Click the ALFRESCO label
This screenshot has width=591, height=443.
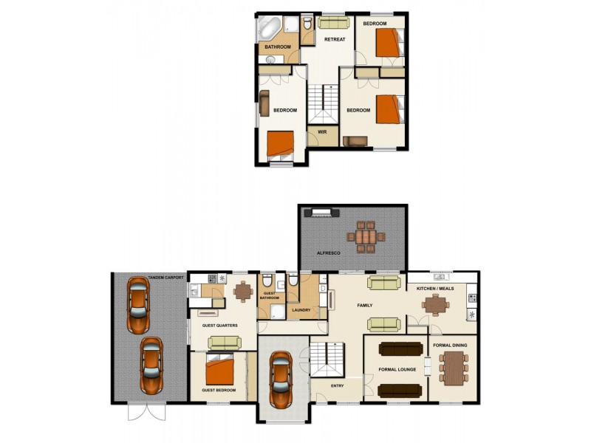click(x=328, y=253)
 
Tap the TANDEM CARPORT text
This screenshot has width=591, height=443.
click(x=165, y=278)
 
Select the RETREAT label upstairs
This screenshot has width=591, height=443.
click(x=335, y=40)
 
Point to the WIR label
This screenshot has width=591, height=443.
click(x=322, y=132)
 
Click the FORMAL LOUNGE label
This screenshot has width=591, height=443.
click(x=397, y=369)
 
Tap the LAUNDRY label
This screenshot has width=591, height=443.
click(x=301, y=310)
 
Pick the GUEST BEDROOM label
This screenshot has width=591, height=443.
click(x=219, y=390)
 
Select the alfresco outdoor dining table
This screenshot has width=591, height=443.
click(x=366, y=236)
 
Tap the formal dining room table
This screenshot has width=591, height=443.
click(x=453, y=368)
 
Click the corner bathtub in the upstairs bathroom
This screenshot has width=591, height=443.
click(x=269, y=29)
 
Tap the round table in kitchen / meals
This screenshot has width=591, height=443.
click(x=439, y=304)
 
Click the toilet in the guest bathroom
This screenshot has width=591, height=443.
click(x=267, y=281)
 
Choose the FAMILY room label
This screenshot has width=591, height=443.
click(x=364, y=305)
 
